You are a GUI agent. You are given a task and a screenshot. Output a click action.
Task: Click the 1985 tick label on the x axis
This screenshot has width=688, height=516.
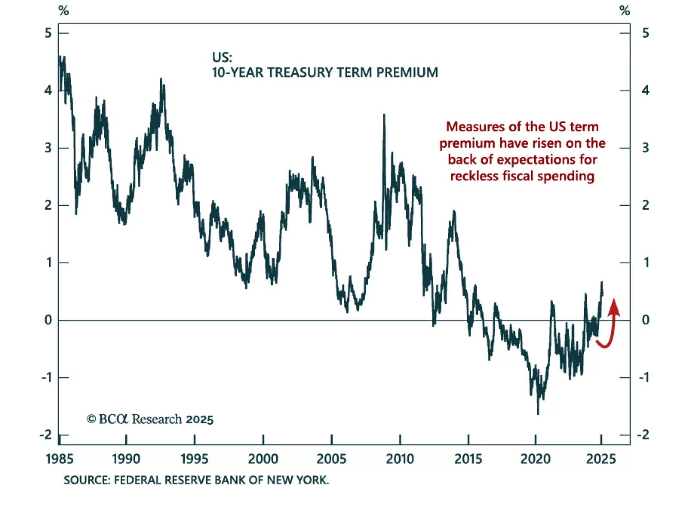[59, 459]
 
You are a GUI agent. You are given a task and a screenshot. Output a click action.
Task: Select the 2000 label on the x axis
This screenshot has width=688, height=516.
[263, 459]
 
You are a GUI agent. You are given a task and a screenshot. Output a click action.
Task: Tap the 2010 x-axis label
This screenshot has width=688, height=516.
[400, 459]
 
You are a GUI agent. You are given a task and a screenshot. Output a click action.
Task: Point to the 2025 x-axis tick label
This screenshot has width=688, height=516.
[601, 459]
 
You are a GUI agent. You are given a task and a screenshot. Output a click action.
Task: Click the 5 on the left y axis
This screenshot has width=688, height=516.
[48, 33]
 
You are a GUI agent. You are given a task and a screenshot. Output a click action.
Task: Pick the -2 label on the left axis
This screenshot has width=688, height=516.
[46, 435]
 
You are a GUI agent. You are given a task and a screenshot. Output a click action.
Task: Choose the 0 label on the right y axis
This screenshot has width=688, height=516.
[645, 320]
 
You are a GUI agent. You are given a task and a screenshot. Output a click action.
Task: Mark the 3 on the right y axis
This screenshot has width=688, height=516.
[645, 148]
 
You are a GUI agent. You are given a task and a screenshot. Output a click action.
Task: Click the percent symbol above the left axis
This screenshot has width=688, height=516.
[64, 11]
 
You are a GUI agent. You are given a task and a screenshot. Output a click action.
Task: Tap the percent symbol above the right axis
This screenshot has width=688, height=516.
[625, 11]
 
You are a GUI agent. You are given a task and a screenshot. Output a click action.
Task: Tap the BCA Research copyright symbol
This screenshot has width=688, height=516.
[91, 419]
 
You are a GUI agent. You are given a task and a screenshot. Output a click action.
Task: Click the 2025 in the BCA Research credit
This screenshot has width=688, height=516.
[200, 420]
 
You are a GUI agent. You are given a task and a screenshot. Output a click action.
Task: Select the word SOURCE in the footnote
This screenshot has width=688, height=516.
[86, 480]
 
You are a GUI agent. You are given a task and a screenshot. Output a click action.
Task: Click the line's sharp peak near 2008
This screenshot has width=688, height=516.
[384, 115]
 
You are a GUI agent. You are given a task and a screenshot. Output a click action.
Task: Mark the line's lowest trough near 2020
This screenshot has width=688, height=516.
[538, 413]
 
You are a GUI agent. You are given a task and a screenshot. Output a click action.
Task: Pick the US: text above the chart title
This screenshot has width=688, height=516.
[222, 57]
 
